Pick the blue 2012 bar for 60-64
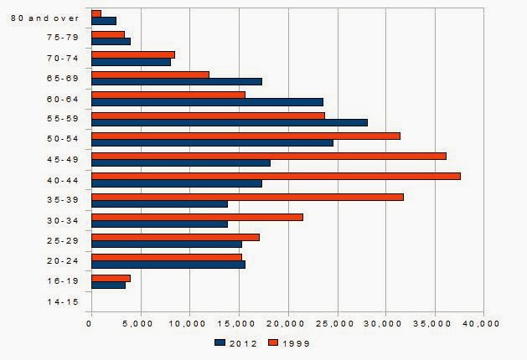click(x=207, y=102)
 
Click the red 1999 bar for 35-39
click(x=247, y=197)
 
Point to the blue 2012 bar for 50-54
click(x=212, y=142)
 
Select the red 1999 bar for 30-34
click(x=197, y=217)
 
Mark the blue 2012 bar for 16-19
click(x=108, y=285)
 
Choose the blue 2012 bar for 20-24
click(x=168, y=265)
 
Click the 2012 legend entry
click(x=234, y=342)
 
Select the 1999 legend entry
click(x=289, y=342)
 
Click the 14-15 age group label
click(x=63, y=301)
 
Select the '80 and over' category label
click(x=51, y=18)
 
